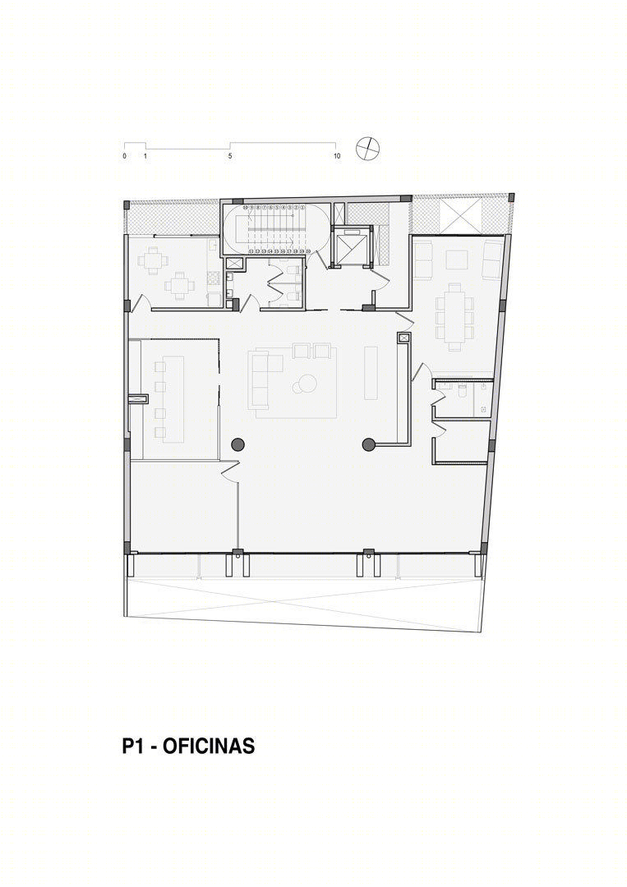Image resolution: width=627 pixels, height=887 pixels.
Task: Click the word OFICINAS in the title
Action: coord(209,747)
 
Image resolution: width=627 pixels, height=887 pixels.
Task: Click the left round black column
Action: coord(238,444)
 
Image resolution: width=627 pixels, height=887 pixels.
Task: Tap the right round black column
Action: coord(367,444)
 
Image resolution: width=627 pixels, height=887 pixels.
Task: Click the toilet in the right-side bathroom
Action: coord(464,397)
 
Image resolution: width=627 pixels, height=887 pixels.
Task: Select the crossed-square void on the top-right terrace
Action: coord(457,215)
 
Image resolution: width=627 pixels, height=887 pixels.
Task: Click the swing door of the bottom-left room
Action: coord(229,471)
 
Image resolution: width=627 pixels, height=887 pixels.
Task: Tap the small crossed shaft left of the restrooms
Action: coord(233,264)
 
